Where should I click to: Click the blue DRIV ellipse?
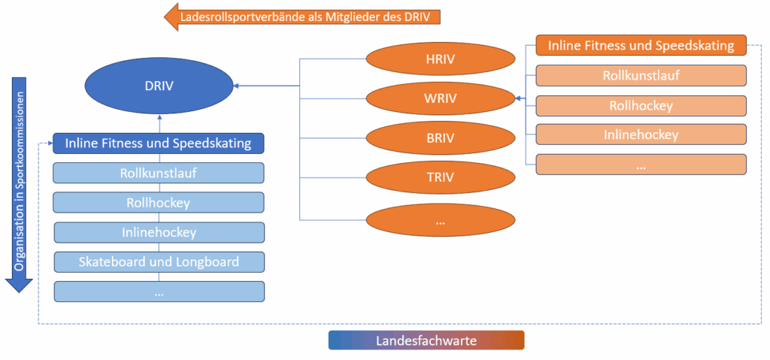tap(159, 86)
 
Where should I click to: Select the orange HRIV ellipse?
tap(441, 58)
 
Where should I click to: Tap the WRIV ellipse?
tap(441, 98)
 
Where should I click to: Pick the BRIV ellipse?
tap(441, 138)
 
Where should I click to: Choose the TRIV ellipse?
tap(441, 178)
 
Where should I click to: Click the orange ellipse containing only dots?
tap(441, 221)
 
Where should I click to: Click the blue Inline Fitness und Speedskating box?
tap(159, 143)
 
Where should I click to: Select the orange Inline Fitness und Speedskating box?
tap(641, 46)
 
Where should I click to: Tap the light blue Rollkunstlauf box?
tap(159, 173)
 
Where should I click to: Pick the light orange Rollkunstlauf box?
tap(641, 75)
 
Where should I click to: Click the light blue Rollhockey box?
tap(159, 202)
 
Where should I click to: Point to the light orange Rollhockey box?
tap(641, 105)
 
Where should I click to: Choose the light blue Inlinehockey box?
tap(159, 232)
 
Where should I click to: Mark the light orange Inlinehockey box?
tap(641, 135)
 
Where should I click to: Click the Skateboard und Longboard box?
tap(159, 262)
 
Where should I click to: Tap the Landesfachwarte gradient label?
tap(426, 340)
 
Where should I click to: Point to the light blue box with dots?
tap(159, 292)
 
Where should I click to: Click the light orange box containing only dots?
tap(641, 165)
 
